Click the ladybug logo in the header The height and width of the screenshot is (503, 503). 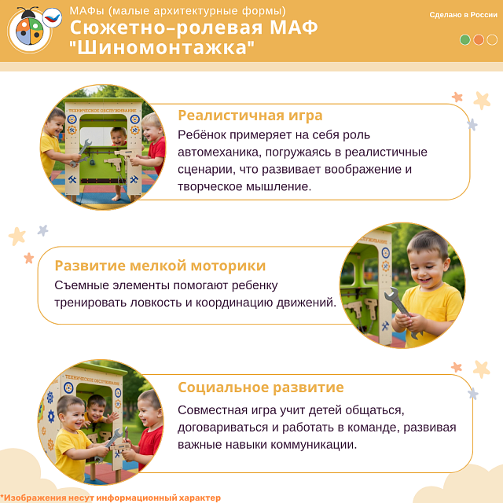click(30, 29)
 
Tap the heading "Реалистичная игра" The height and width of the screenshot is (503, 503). click(250, 116)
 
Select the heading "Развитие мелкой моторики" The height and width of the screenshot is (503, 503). click(160, 266)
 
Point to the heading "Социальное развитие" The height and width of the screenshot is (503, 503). click(260, 387)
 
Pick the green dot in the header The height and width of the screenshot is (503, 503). click(465, 39)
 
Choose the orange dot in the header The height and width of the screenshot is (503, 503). click(479, 39)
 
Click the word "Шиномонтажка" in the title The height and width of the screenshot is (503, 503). click(163, 47)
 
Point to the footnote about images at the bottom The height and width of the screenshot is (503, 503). click(111, 497)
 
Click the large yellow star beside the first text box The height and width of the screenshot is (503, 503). click(482, 100)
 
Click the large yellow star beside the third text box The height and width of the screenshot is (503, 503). click(482, 369)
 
